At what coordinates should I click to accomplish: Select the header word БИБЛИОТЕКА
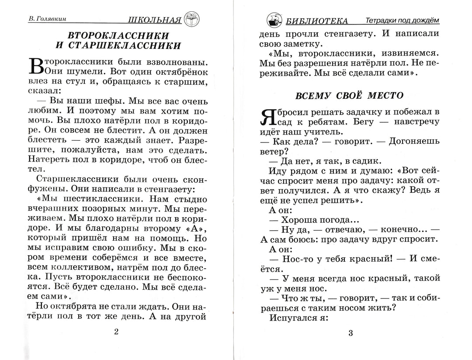[317, 21]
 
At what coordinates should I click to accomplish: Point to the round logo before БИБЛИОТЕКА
[274, 20]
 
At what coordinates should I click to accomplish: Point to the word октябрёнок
[182, 71]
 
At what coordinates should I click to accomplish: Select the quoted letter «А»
[189, 229]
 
